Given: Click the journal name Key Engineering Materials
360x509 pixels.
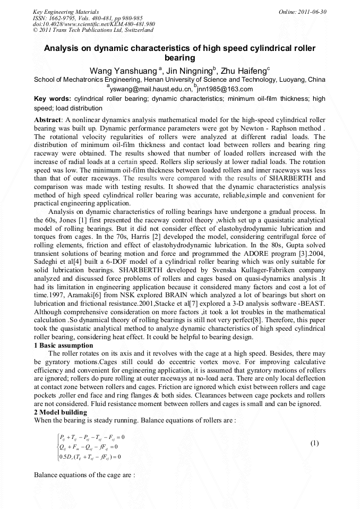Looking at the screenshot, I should tap(65, 11).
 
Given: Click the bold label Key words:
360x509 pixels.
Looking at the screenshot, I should tap(52, 99).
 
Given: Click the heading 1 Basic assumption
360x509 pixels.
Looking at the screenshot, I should tap(63, 346).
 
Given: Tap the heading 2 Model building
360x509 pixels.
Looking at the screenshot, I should tap(60, 412).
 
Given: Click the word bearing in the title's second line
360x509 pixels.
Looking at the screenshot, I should tap(179, 58).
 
